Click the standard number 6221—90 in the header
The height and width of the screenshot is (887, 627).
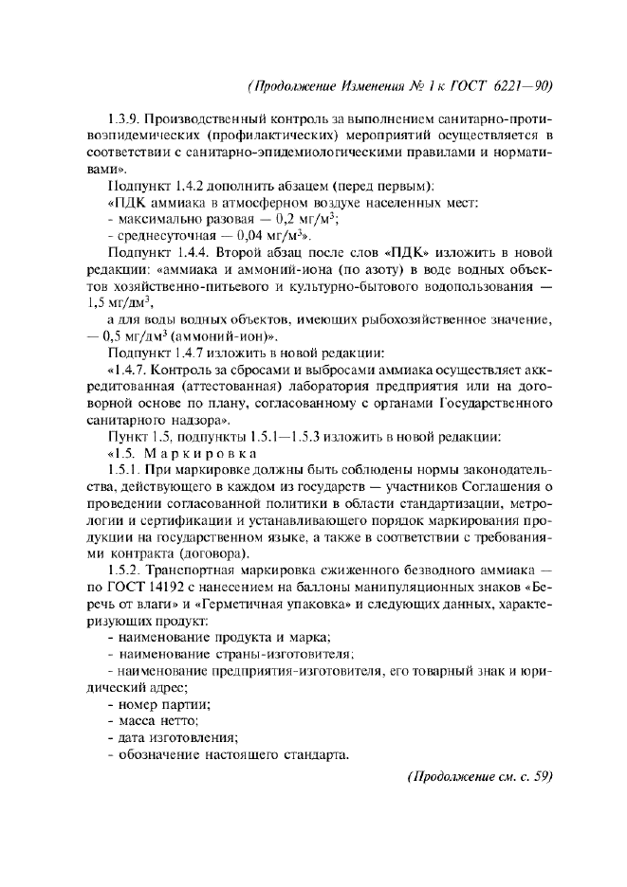click(520, 85)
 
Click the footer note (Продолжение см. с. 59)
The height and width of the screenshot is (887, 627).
click(478, 778)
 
